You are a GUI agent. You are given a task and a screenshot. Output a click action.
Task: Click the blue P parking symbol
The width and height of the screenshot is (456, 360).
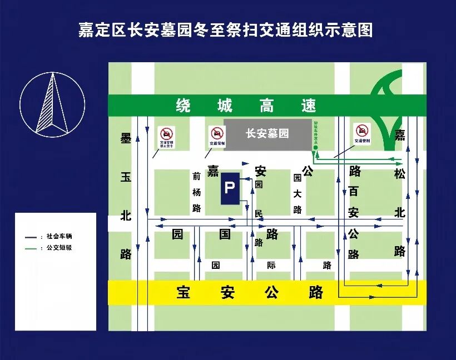click(230, 188)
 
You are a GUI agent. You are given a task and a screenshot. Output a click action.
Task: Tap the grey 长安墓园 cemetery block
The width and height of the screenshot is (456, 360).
click(267, 134)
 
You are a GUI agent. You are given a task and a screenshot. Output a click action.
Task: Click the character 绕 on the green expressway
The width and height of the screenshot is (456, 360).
click(183, 105)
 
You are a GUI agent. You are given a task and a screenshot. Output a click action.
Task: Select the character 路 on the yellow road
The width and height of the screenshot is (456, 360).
click(316, 292)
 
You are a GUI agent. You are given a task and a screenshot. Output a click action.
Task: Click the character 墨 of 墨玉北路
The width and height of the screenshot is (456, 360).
click(126, 139)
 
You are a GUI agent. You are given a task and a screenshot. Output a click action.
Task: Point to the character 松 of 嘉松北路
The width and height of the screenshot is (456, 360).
click(399, 174)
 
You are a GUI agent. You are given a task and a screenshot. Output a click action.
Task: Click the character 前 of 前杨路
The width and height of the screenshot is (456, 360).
click(196, 177)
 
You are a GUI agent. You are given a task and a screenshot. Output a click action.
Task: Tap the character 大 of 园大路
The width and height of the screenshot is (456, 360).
click(298, 193)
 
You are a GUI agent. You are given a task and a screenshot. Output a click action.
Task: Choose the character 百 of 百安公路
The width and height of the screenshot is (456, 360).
click(354, 192)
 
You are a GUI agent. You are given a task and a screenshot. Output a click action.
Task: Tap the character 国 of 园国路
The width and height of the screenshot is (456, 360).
click(225, 234)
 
